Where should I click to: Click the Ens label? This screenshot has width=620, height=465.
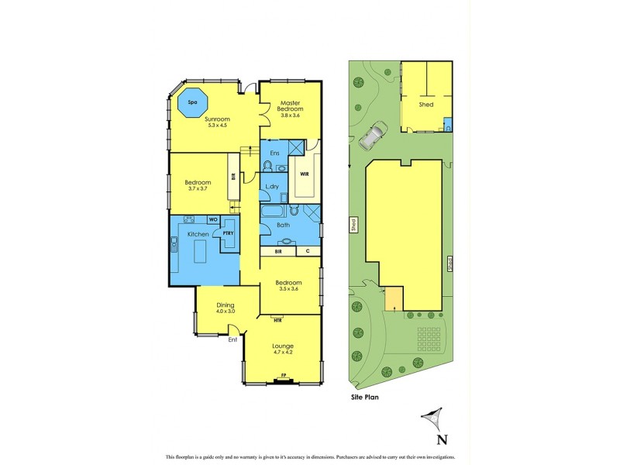click(x=274, y=153)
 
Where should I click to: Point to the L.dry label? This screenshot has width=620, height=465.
click(x=272, y=187)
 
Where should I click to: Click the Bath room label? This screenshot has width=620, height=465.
click(x=284, y=226)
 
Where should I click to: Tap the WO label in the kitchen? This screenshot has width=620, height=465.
click(x=212, y=219)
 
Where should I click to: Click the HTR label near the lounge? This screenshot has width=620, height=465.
click(x=277, y=319)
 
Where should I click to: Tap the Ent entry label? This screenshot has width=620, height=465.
click(x=232, y=339)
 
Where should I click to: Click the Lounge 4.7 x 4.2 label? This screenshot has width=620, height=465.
click(x=282, y=349)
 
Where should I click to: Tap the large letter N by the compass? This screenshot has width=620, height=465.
click(x=442, y=439)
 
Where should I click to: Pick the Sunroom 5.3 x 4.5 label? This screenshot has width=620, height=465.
click(x=218, y=122)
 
